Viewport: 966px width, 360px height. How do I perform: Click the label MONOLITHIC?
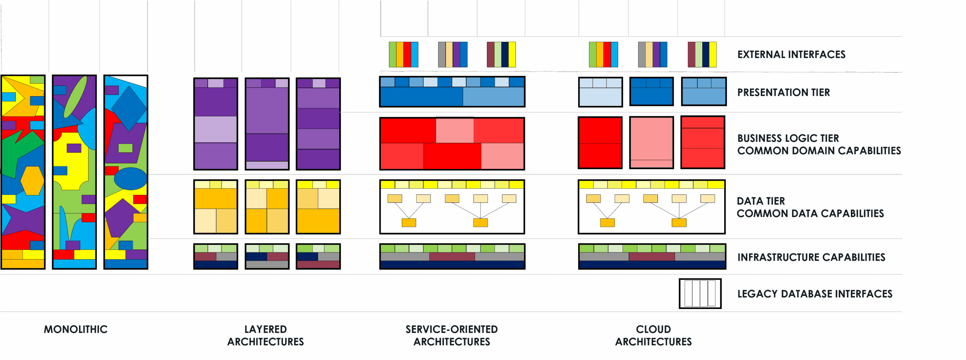click(75, 329)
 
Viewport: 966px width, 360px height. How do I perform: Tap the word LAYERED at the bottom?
click(266, 329)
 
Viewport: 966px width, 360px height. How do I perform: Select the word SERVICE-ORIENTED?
click(452, 329)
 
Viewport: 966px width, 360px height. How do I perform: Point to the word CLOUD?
click(654, 329)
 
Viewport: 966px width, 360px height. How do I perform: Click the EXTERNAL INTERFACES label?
click(791, 55)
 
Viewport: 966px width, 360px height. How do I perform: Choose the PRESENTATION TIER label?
click(783, 92)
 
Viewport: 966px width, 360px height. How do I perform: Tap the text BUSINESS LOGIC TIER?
click(788, 138)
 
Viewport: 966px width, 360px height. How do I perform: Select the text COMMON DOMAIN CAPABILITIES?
click(819, 151)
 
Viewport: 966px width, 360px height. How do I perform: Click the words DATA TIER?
click(761, 201)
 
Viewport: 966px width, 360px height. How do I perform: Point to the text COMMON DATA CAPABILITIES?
click(810, 213)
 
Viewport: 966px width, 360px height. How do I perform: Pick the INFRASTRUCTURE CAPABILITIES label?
click(811, 257)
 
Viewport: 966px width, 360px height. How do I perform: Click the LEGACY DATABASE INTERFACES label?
click(815, 294)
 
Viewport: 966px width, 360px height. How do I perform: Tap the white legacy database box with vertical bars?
click(700, 294)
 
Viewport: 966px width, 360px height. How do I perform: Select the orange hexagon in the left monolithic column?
click(32, 181)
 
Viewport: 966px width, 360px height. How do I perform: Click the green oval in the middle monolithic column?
click(75, 97)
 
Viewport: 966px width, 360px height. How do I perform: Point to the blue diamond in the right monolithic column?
click(129, 108)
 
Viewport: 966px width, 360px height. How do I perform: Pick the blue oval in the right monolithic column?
click(131, 178)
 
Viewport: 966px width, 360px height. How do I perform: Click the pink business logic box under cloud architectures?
click(651, 142)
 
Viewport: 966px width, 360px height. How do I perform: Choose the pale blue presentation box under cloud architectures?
click(600, 92)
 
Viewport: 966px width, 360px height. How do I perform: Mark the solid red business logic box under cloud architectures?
click(600, 142)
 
